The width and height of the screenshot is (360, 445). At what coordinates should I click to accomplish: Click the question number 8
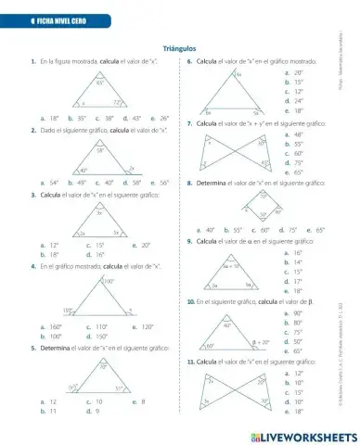pyautogui.click(x=188, y=184)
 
